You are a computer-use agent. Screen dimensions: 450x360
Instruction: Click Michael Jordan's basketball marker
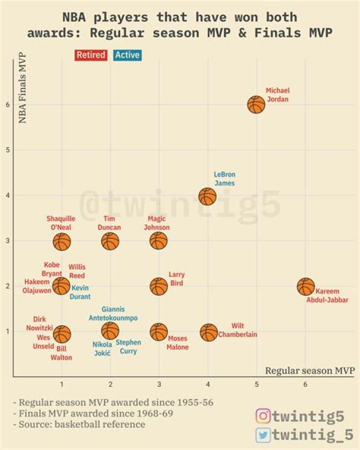coord(256,105)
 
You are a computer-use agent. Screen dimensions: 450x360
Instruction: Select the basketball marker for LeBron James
coord(207,196)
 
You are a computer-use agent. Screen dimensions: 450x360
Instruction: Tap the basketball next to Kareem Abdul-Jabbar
coord(305,287)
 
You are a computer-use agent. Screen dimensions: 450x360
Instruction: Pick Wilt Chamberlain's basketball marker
coord(208,332)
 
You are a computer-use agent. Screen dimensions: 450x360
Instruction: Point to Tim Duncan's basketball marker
coord(110,241)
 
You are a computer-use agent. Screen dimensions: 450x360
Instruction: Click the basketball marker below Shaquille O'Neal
coord(62,242)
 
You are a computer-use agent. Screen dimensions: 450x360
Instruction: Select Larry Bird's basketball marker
coord(158,287)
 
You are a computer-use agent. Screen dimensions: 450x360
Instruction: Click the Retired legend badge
coord(90,55)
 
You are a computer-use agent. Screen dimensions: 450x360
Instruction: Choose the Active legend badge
coord(127,55)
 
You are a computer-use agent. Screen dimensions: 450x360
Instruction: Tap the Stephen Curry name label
coord(128,347)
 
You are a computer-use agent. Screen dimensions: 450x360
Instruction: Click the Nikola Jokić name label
coord(102,349)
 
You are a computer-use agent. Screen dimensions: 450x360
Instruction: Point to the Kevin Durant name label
coord(79,292)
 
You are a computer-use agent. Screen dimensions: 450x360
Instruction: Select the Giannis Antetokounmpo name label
coord(113,314)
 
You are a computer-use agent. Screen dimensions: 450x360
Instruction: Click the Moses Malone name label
coord(177,343)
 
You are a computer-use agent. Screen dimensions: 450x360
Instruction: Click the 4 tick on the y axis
coord(8,196)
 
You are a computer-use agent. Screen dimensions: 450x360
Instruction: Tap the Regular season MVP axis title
coord(309,371)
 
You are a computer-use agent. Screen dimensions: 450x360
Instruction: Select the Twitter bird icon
coord(263,435)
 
